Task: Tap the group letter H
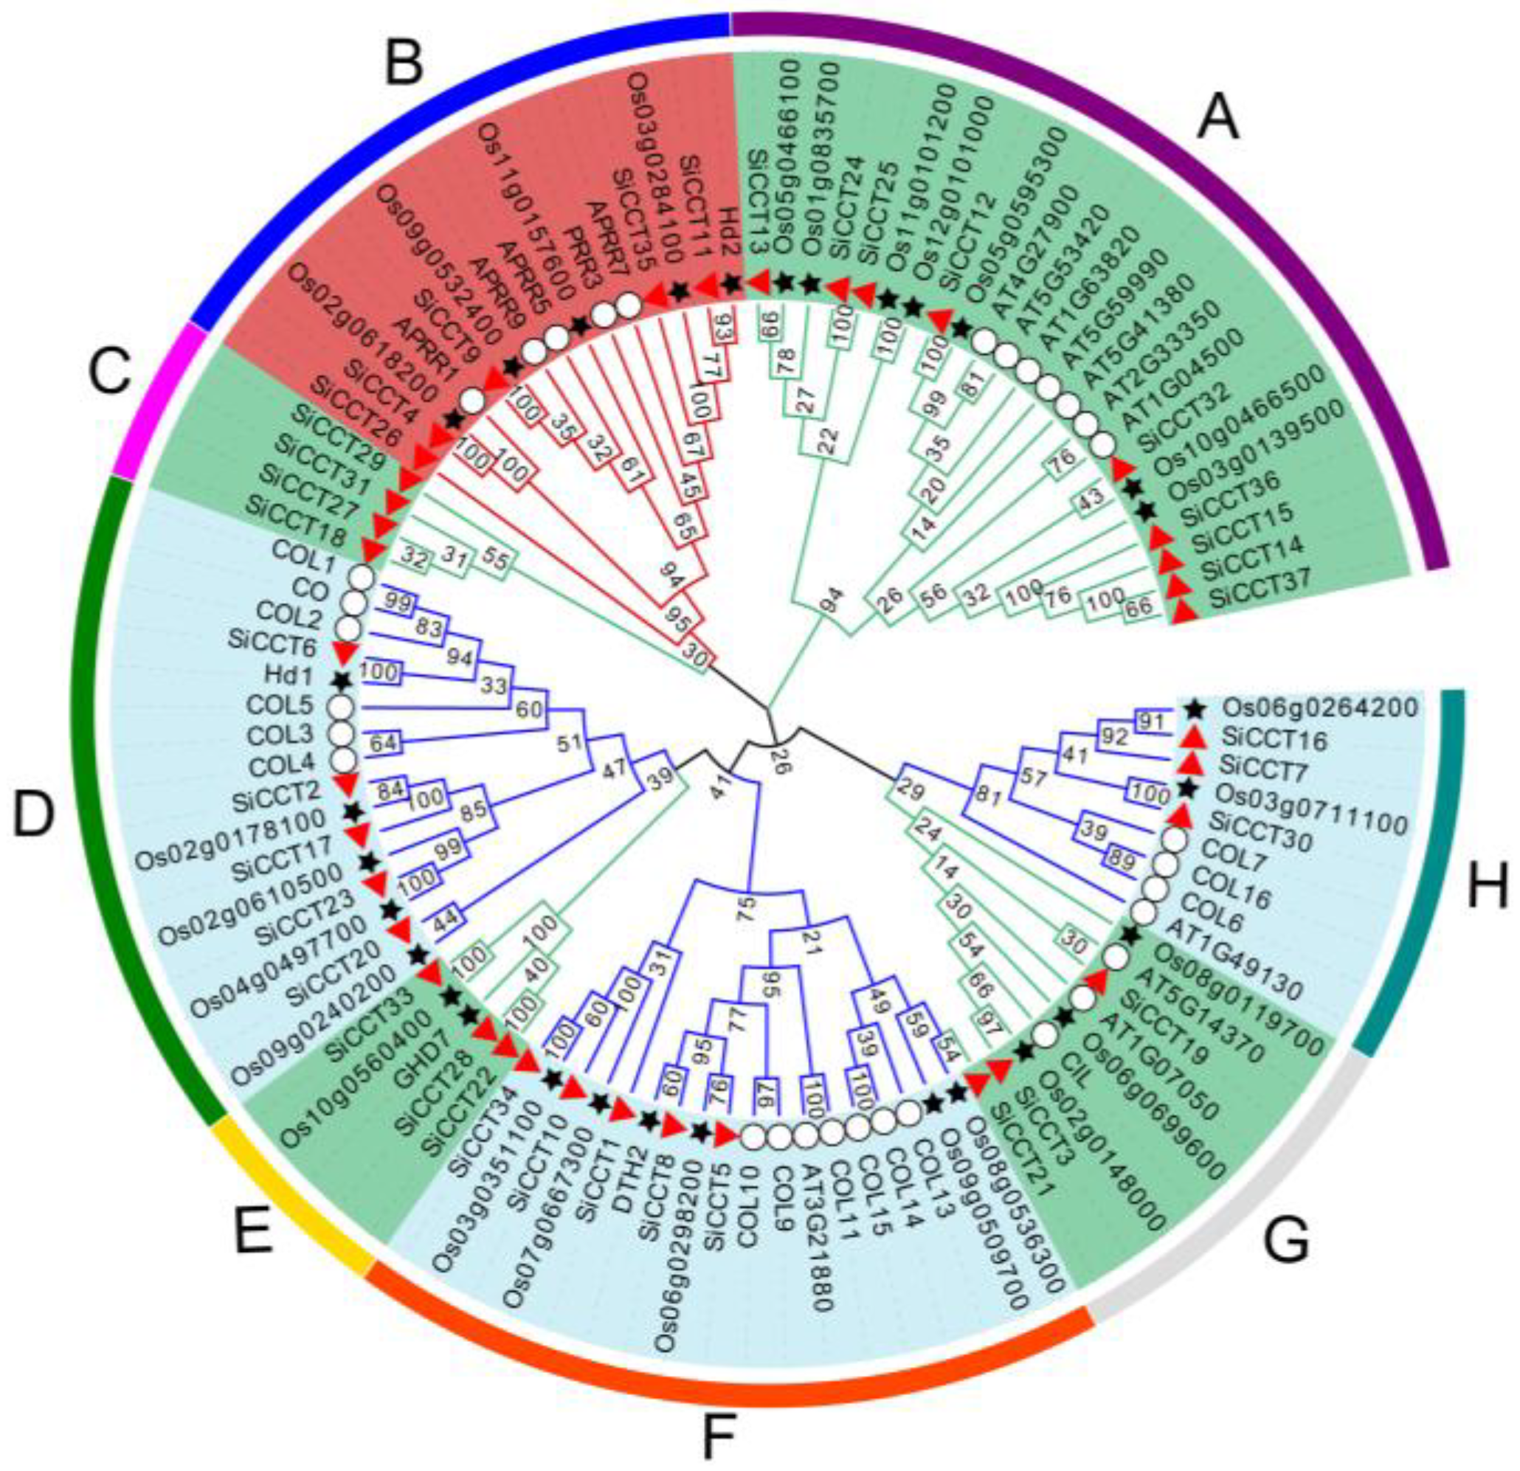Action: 1488,885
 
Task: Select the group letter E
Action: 254,1230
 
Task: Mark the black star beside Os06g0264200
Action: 1195,707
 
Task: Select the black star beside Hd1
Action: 340,681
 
